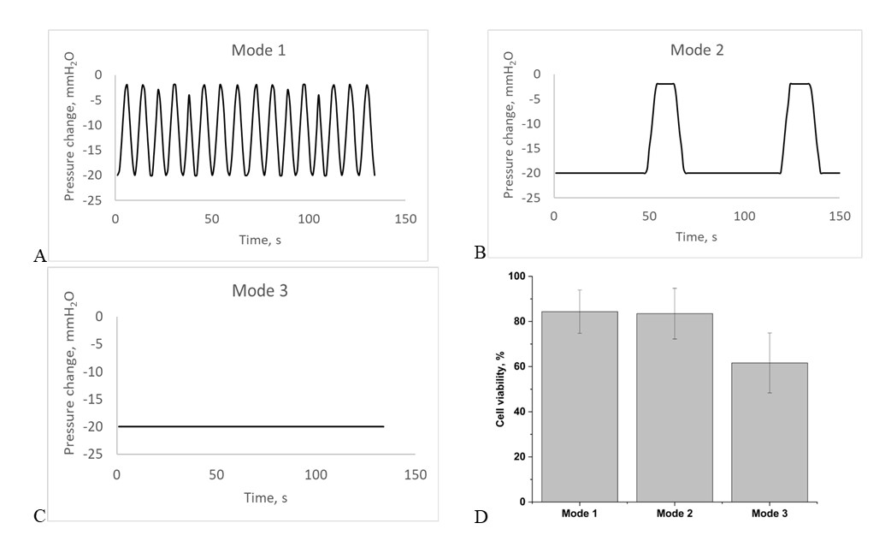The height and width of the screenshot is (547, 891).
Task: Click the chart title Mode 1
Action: click(x=258, y=50)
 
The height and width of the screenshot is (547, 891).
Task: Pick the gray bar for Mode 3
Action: click(x=769, y=432)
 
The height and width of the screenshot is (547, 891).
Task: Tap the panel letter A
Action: click(x=38, y=255)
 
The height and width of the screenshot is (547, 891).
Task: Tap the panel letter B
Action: click(x=480, y=253)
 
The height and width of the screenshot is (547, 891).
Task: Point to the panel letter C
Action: click(x=38, y=515)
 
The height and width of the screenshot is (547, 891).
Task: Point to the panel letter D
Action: click(x=480, y=517)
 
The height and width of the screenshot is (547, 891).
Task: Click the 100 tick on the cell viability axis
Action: click(x=515, y=276)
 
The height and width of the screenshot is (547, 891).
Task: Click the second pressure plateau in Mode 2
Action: click(x=800, y=84)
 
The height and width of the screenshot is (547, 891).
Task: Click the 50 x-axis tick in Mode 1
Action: click(x=212, y=219)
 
